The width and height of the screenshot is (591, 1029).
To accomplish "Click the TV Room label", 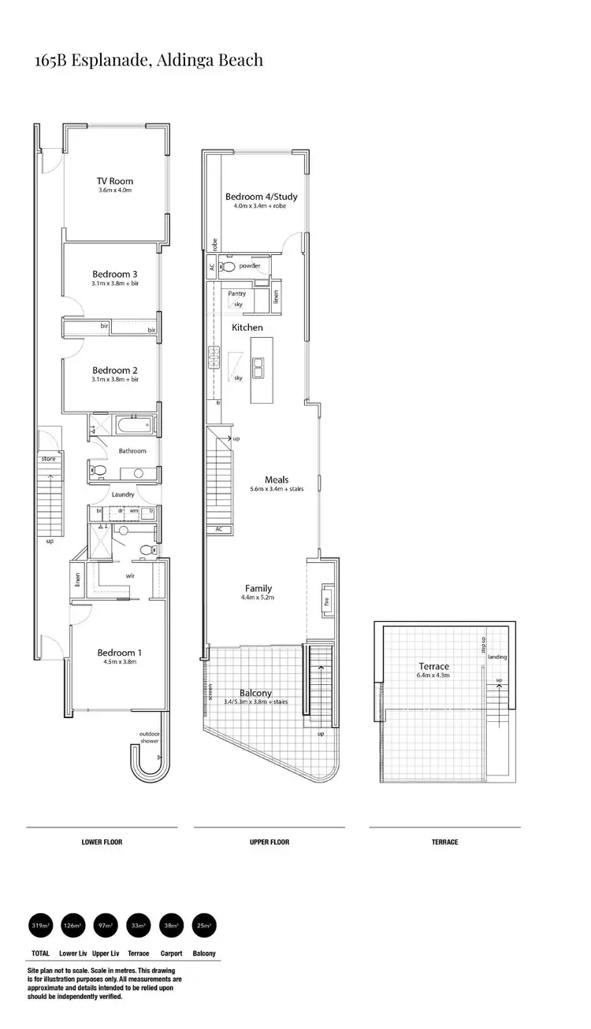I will [x=115, y=181].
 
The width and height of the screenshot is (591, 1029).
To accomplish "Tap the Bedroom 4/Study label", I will [x=261, y=197].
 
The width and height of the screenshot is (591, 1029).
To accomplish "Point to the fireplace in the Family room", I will [x=325, y=601].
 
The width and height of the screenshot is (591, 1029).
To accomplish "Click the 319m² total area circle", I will [x=39, y=925].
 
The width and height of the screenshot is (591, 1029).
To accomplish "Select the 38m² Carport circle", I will [x=171, y=925].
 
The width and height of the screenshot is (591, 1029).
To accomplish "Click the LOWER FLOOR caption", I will [x=102, y=842].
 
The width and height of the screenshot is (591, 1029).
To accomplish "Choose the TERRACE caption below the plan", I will [x=444, y=842].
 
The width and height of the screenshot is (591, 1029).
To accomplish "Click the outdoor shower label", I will [x=149, y=737].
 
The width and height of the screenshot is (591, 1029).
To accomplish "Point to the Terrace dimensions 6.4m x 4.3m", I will [x=433, y=676].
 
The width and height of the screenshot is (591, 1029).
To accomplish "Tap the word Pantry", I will [x=236, y=294].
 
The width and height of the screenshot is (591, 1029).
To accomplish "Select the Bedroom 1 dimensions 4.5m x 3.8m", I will [x=120, y=662].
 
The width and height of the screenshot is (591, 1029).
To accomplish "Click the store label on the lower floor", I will [x=48, y=457].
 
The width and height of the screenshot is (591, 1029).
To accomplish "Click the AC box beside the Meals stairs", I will [x=218, y=529].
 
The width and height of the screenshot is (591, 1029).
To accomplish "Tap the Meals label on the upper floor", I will [x=277, y=479].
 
